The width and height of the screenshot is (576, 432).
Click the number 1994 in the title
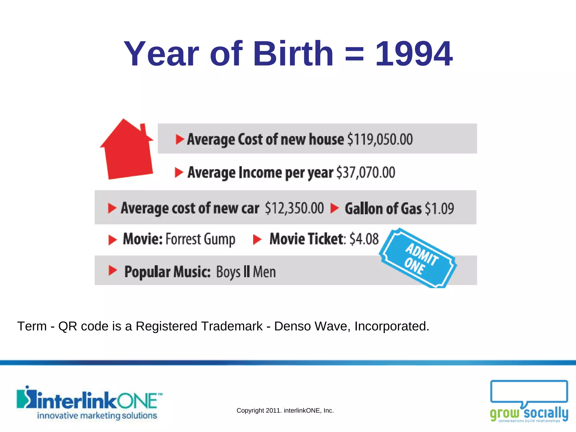coord(414,53)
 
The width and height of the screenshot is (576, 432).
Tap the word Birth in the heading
coord(293,53)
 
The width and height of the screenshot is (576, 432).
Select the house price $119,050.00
coord(380,139)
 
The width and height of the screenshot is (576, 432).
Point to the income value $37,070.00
coord(366,172)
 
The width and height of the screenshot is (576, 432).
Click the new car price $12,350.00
coord(294,208)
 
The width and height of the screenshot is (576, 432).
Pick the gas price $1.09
coord(439,208)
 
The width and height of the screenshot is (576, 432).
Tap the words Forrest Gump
coord(200,239)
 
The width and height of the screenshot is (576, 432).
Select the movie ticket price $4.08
coord(364,239)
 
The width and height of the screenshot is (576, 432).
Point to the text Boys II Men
coord(246,272)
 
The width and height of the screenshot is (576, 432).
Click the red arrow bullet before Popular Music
coord(112,271)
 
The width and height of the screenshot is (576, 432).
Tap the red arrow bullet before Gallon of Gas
coord(334,208)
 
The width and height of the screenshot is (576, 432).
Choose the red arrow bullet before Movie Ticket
coord(257,240)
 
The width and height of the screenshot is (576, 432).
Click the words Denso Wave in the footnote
coord(312,326)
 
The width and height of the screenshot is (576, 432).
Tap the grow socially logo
coord(529,401)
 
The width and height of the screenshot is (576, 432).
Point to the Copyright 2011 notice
coord(285,411)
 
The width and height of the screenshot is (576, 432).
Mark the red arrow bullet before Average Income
coord(179,172)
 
